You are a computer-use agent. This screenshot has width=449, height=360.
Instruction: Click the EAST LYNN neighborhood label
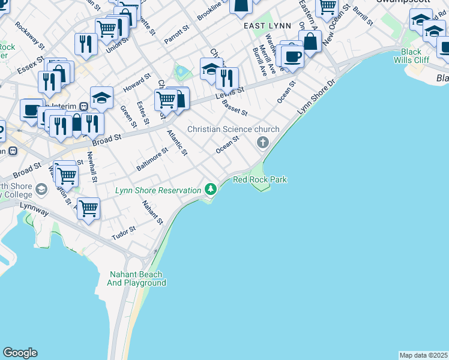click(267, 26)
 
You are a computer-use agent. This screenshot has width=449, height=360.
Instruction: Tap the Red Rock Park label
click(260, 179)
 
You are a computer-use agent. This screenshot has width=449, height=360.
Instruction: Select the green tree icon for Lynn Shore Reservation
click(210, 189)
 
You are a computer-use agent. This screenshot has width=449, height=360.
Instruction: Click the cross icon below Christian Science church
click(262, 142)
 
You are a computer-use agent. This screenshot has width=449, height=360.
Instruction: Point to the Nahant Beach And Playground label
click(137, 278)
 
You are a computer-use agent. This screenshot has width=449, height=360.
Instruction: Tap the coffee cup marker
click(292, 57)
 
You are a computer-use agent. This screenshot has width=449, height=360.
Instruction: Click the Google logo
click(20, 353)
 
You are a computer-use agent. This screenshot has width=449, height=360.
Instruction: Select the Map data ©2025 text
click(423, 355)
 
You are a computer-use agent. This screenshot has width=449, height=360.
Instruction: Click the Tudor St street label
click(124, 233)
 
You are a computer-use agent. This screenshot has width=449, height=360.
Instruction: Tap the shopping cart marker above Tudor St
click(88, 209)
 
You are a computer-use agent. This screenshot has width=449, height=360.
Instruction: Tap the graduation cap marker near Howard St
click(101, 97)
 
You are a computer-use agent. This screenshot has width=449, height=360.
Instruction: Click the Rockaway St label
click(30, 35)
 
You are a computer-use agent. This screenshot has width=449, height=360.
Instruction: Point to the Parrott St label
click(177, 35)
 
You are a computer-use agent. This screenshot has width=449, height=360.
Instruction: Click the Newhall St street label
click(92, 166)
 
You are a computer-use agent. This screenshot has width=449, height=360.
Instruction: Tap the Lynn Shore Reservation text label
click(158, 190)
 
